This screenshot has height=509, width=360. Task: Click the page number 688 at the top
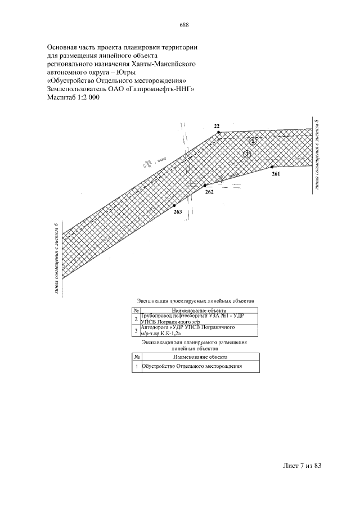pos(184,25)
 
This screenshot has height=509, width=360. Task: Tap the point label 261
pos(275,174)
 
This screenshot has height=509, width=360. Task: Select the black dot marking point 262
pos(205,184)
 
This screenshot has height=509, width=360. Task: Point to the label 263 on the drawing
pos(178,211)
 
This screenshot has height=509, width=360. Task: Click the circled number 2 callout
pos(254,141)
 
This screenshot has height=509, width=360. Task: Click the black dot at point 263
pos(174,206)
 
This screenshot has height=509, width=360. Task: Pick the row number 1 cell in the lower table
pos(137,366)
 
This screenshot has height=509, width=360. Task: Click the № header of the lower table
pos(137,356)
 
